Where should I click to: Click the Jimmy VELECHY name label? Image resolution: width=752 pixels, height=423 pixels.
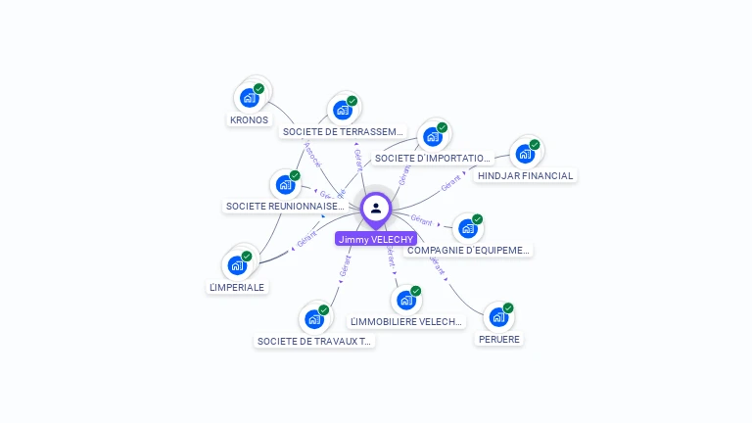tap(376, 239)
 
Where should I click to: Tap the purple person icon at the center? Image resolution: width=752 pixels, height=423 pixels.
tap(376, 208)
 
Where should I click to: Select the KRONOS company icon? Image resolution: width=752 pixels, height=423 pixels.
tap(249, 98)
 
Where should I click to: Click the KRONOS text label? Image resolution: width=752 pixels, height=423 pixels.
tap(249, 119)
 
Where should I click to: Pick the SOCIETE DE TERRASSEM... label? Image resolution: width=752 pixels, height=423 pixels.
tap(342, 131)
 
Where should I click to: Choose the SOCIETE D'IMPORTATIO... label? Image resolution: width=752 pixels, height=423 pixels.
tap(432, 158)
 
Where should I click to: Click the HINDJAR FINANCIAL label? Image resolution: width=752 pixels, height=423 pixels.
tap(526, 175)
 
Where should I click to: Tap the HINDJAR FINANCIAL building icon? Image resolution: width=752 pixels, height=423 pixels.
tap(525, 154)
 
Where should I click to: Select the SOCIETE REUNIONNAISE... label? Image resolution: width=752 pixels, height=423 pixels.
tap(285, 206)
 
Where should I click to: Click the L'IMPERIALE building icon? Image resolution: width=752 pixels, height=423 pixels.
tap(237, 264)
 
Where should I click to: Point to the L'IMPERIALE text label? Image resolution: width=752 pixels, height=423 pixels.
tap(237, 287)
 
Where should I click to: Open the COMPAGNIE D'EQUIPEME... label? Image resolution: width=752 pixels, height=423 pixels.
tap(468, 250)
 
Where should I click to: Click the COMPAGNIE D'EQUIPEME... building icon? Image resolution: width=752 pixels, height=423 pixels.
tap(467, 229)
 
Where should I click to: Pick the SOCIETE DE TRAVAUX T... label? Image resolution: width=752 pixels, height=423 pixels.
tap(314, 341)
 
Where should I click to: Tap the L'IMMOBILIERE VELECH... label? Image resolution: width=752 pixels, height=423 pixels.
tap(405, 321)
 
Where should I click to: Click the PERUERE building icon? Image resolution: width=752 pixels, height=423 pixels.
tap(497, 317)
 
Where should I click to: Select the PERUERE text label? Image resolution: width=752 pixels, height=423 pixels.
tap(498, 339)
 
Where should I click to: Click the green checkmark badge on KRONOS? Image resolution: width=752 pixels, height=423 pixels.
tap(258, 89)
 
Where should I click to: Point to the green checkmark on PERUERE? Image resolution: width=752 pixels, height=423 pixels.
tap(508, 308)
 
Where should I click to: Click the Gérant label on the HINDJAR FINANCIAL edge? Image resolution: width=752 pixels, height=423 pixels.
tap(450, 183)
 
